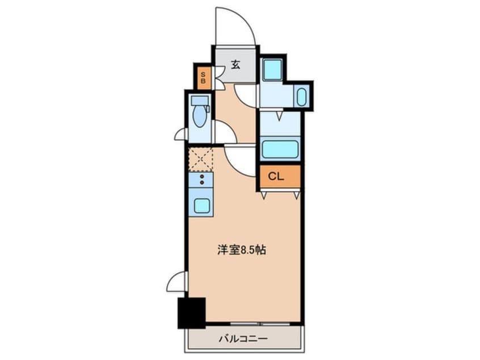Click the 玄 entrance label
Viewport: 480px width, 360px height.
point(235,65)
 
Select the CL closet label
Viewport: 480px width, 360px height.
point(276,177)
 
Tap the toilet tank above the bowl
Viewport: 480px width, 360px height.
point(199,101)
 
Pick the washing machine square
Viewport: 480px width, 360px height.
point(273,70)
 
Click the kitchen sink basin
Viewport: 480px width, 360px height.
point(201,205)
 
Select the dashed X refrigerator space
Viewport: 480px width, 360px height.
point(200,159)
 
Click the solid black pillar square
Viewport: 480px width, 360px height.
point(191,312)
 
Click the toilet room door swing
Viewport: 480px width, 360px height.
point(223,133)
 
